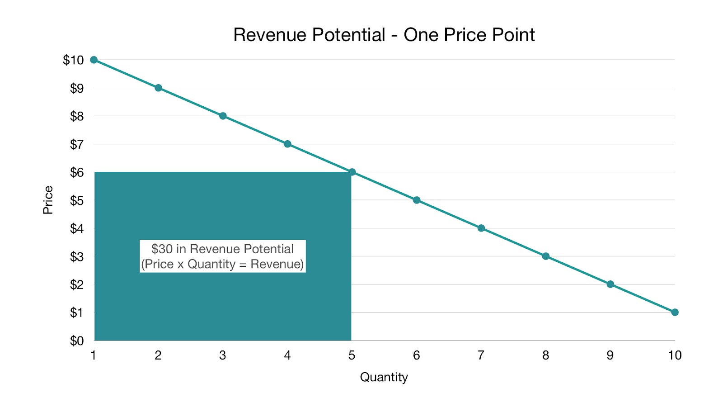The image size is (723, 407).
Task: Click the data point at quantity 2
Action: pos(158,88)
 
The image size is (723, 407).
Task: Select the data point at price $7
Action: pos(287,144)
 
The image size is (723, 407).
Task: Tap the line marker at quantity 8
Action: pos(545,256)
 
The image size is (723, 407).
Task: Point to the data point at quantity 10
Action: pos(675,312)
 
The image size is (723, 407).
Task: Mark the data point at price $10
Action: pos(94,60)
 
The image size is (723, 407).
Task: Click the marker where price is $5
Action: pos(417,200)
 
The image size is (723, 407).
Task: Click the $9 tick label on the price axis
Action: pos(77,88)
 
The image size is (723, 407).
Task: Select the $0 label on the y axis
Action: pos(77,341)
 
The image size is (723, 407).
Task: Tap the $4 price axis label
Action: pos(77,228)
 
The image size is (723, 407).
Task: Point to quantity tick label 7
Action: pos(481,355)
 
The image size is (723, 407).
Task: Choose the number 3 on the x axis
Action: pos(222,355)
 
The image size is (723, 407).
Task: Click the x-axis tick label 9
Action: pos(610,355)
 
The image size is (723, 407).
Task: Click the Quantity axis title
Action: pos(384,377)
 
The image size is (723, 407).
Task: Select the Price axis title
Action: pos(48,200)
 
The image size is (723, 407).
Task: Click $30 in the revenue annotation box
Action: pos(161,249)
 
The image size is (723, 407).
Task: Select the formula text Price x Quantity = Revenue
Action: pos(222,264)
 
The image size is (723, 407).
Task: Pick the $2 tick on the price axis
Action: pos(77,284)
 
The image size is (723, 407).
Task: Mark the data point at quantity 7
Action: pos(481,228)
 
